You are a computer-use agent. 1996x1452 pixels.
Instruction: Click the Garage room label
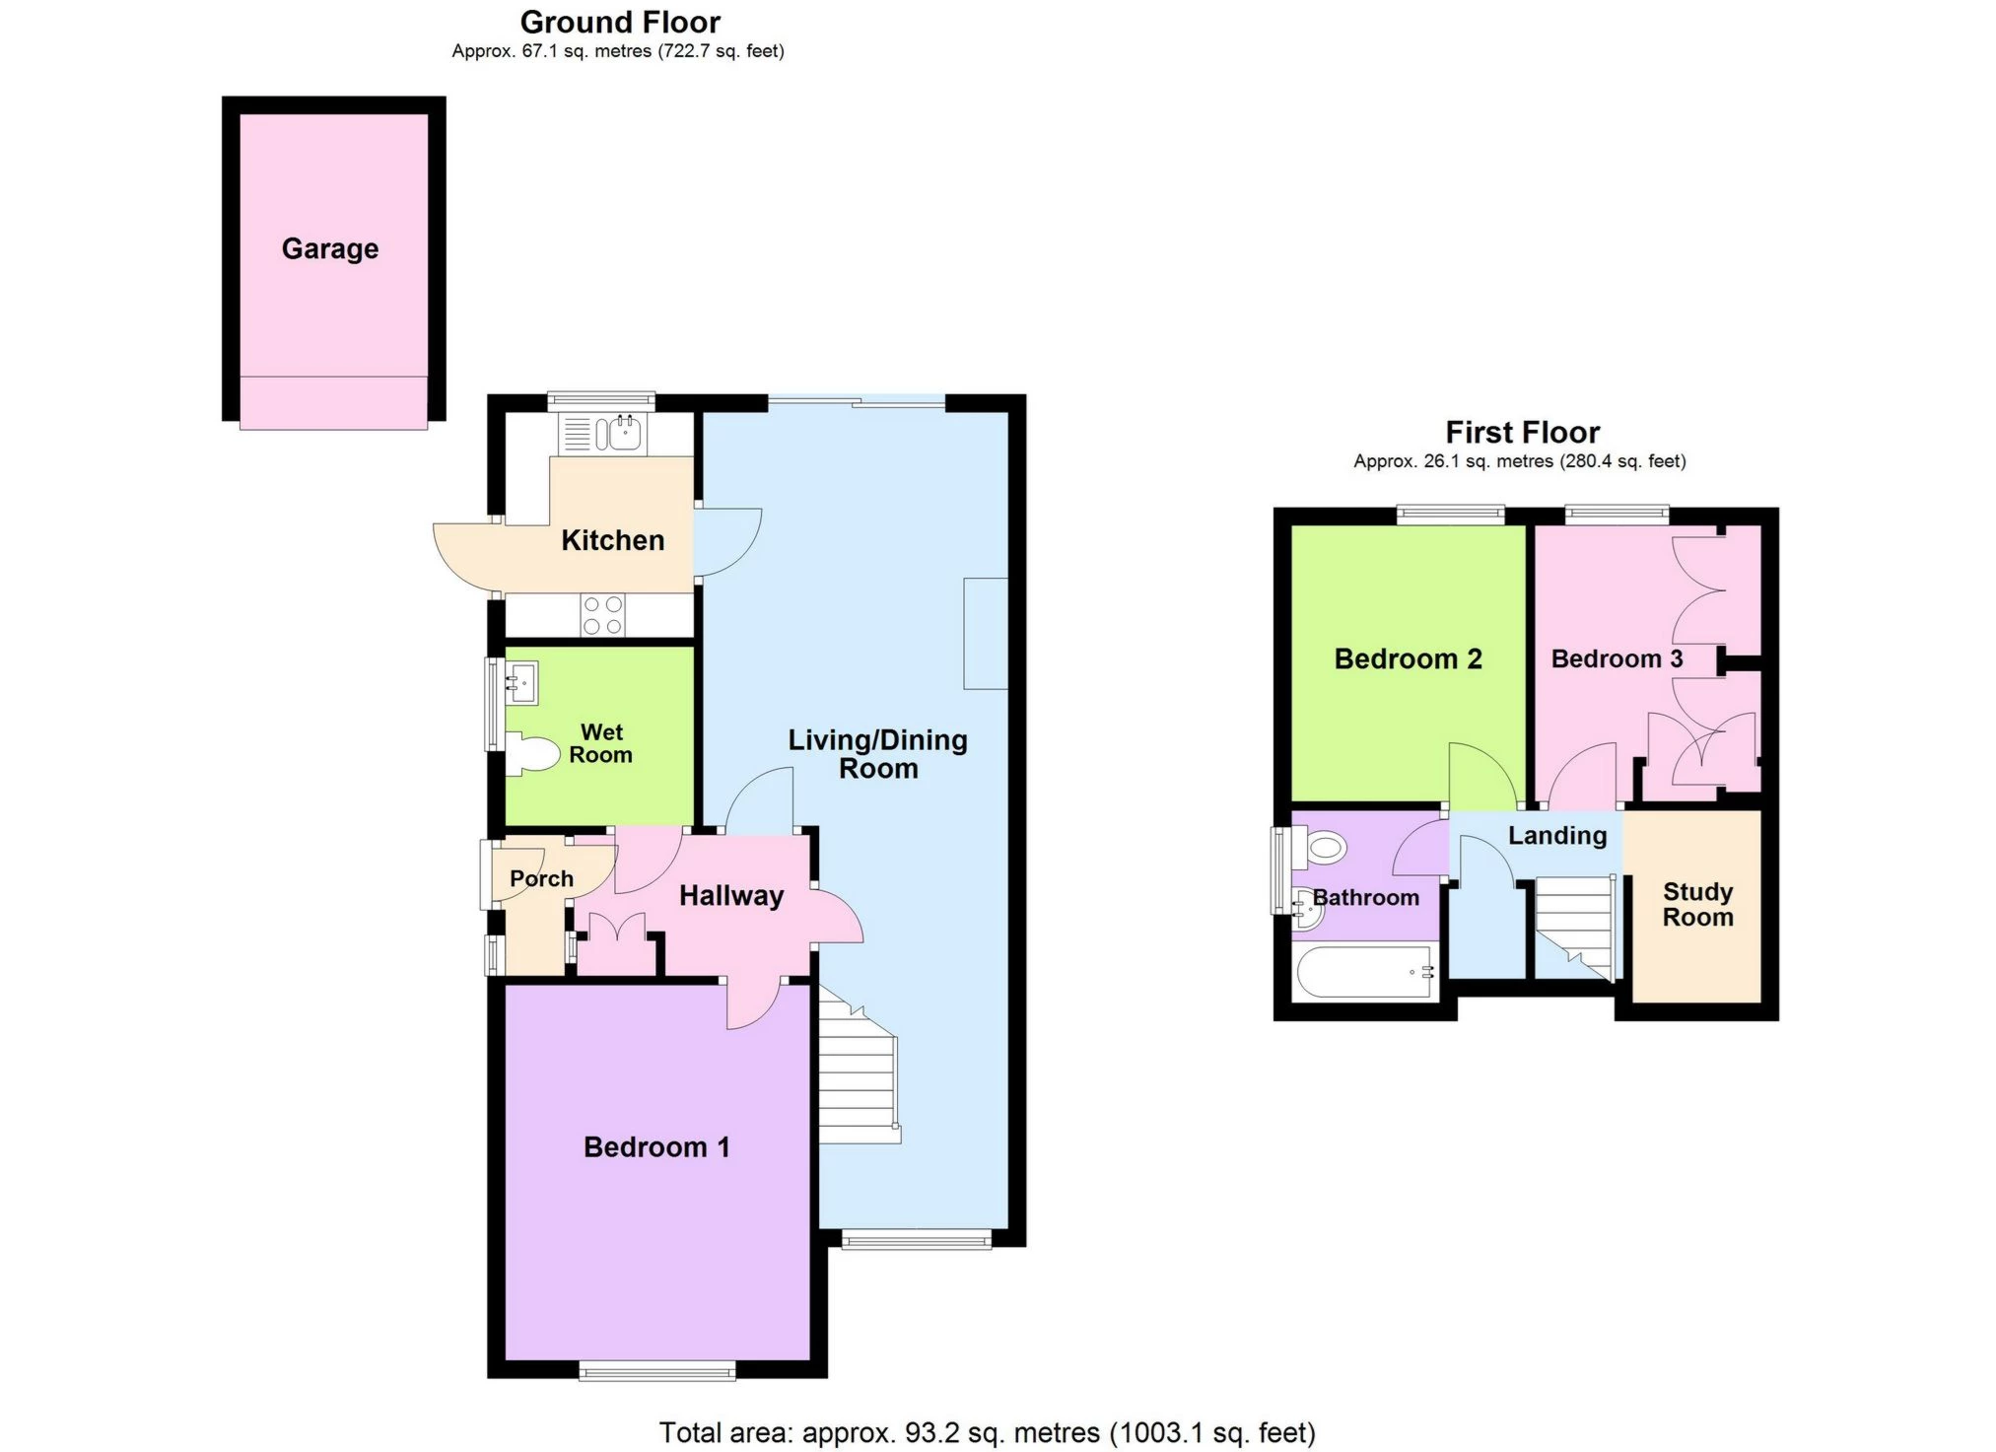tap(330, 248)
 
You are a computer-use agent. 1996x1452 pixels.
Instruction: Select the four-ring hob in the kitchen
tap(602, 615)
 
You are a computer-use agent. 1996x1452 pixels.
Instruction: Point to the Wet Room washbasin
tap(521, 682)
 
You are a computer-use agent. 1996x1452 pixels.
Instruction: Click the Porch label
tap(541, 879)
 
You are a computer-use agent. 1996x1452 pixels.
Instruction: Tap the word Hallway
tap(731, 896)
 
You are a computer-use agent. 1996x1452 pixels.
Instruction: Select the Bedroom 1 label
tap(656, 1147)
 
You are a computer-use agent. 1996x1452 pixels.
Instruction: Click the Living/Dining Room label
tap(878, 754)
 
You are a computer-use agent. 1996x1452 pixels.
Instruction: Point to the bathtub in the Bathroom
tap(1365, 972)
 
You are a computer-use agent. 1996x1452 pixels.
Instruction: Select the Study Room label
tap(1697, 905)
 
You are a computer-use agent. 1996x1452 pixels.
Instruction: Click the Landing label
tap(1557, 836)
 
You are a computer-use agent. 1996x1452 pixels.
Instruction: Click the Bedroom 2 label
tap(1408, 658)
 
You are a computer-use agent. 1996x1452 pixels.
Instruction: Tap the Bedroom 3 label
tap(1617, 658)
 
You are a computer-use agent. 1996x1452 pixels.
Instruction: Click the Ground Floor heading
tap(620, 22)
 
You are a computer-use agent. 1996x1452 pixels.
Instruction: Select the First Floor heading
tap(1522, 432)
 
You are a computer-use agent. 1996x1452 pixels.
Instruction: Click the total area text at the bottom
tap(987, 1431)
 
